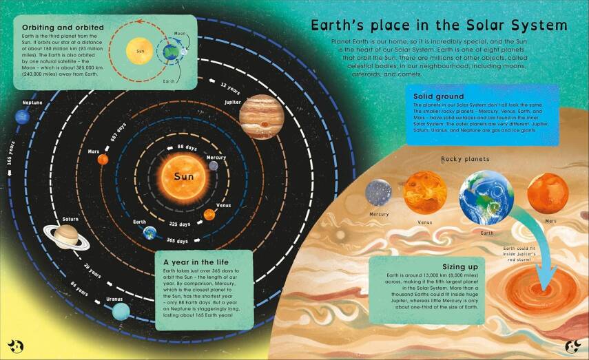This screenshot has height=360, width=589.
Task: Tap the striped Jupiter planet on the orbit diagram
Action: click(262, 116)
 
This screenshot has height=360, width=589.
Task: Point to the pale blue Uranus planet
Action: click(121, 311)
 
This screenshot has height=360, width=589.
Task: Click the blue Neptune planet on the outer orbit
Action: click(24, 117)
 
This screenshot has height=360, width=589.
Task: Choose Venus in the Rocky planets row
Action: click(424, 192)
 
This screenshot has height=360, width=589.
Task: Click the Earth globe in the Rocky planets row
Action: click(486, 197)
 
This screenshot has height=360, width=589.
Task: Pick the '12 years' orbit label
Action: click(230, 87)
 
